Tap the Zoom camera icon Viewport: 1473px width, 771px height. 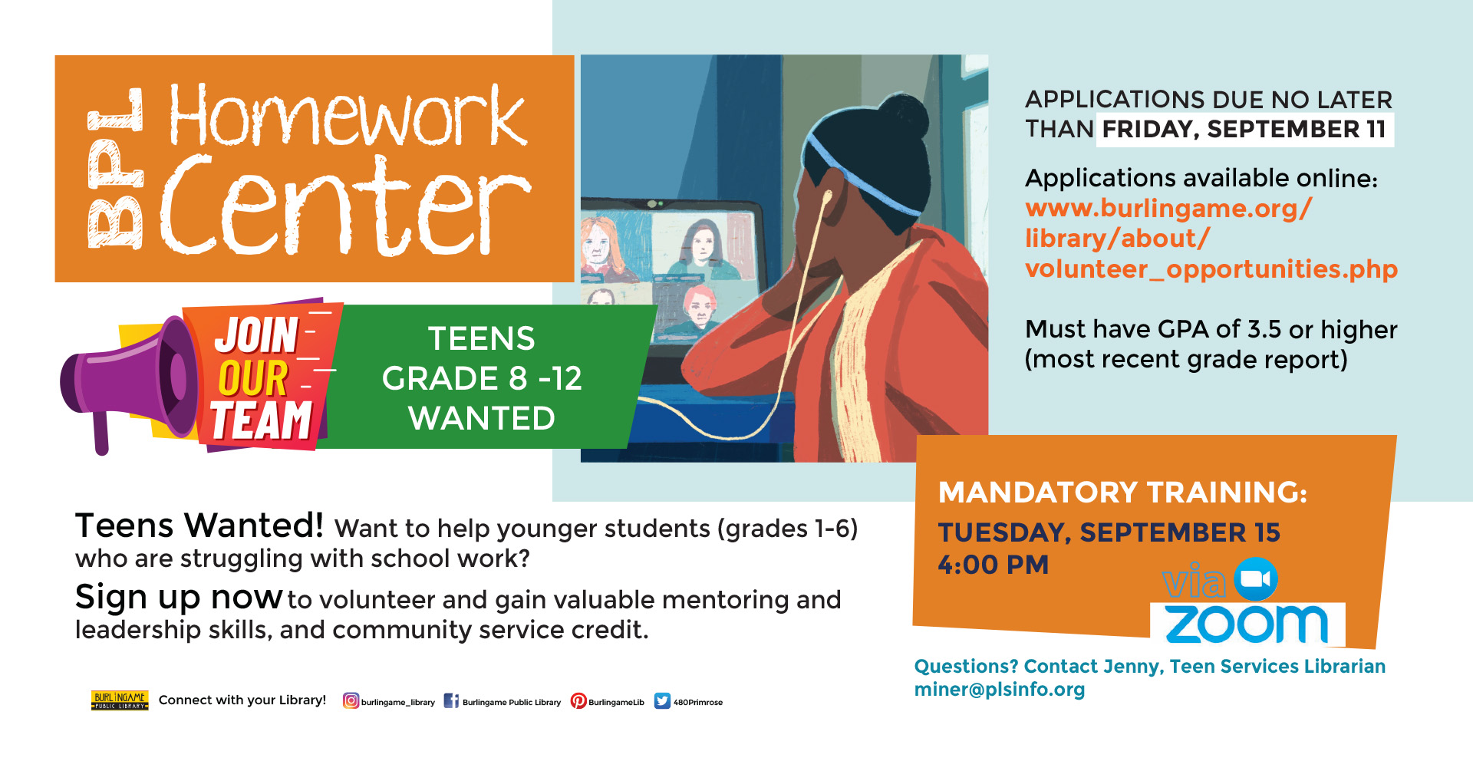1256,579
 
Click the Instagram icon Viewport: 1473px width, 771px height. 351,700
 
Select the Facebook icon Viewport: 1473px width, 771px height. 451,700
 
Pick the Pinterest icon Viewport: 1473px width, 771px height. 578,701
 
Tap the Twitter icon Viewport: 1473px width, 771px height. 662,701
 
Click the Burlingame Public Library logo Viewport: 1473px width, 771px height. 120,700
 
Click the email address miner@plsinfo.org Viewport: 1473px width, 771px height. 999,689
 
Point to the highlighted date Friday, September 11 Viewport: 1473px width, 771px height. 1244,129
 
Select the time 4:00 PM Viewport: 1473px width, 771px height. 993,565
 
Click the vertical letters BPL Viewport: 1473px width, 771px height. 115,168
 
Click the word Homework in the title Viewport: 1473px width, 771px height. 348,115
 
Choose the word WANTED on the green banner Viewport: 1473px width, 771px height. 482,418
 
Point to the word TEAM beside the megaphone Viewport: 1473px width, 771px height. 262,420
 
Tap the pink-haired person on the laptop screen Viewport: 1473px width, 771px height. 700,307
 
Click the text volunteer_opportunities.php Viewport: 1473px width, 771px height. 1211,269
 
